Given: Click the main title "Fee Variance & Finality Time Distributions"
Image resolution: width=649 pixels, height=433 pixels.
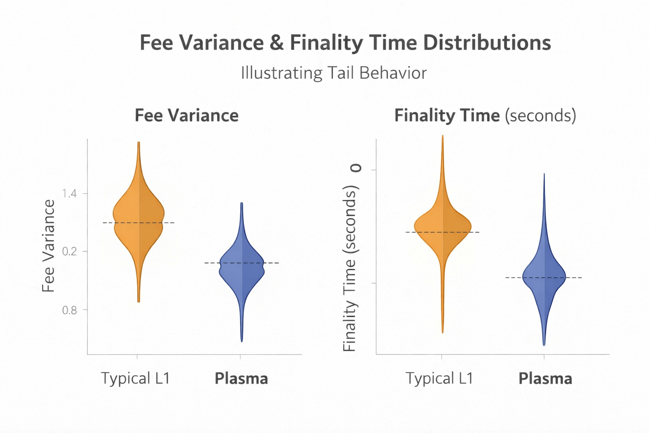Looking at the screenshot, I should pyautogui.click(x=345, y=43).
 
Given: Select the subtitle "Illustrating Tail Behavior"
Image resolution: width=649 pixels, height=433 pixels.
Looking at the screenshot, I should pyautogui.click(x=333, y=73).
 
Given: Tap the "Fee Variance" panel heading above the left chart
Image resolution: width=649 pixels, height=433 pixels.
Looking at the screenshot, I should pyautogui.click(x=186, y=115).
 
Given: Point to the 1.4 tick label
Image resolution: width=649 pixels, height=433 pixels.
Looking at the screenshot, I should pyautogui.click(x=69, y=194).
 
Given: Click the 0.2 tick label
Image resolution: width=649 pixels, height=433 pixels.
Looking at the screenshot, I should pyautogui.click(x=69, y=252).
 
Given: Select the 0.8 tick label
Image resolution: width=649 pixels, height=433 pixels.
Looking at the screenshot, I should pyautogui.click(x=69, y=310).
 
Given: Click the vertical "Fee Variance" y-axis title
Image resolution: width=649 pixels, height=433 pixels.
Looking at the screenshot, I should pyautogui.click(x=49, y=246).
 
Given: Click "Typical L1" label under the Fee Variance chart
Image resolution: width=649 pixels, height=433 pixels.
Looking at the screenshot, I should pyautogui.click(x=135, y=378).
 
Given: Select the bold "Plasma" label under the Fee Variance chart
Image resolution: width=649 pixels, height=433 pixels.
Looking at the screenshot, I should pyautogui.click(x=241, y=378).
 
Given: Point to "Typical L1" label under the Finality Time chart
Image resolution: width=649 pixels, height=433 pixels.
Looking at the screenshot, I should pyautogui.click(x=439, y=378).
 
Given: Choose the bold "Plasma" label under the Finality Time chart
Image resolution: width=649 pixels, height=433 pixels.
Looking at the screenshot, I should pyautogui.click(x=545, y=378).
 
